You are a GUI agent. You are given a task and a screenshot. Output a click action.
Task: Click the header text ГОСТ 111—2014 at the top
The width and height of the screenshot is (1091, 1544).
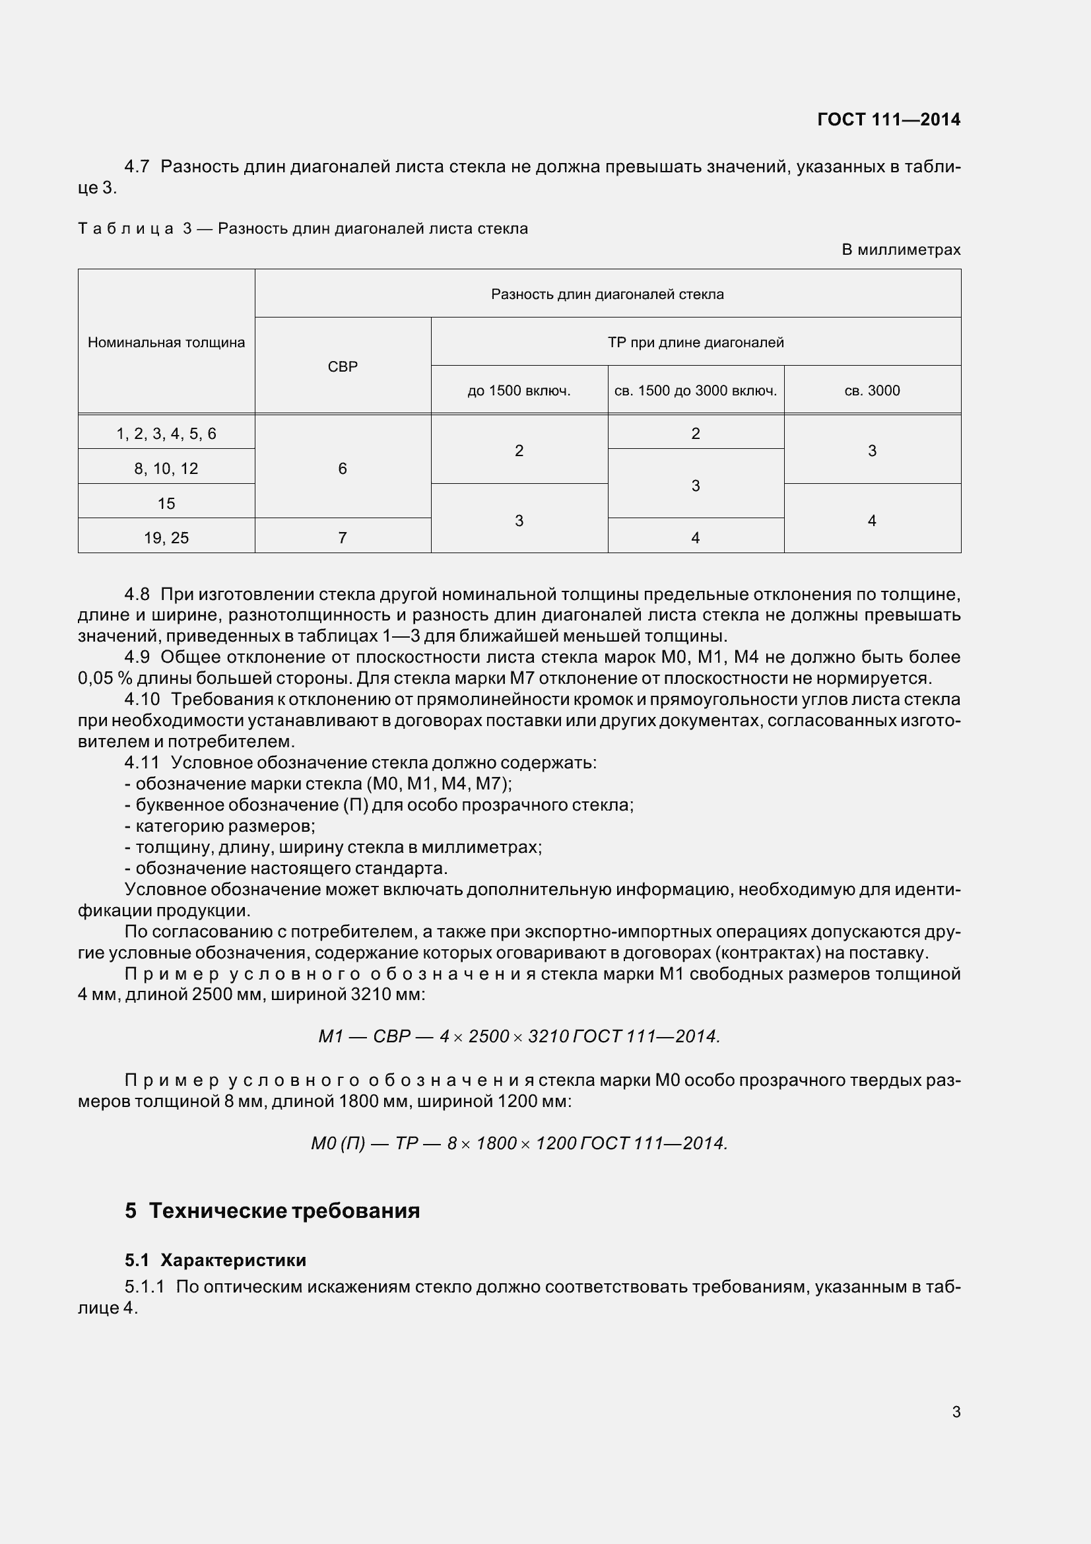click(888, 119)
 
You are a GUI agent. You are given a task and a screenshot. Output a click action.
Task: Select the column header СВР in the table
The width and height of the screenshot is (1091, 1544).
click(342, 366)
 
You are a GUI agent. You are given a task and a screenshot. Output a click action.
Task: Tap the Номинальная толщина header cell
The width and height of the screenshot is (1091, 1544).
click(166, 343)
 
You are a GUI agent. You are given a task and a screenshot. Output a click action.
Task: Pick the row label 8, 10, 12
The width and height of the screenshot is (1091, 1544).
click(166, 469)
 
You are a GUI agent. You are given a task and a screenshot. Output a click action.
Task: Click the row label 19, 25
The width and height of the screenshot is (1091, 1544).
click(166, 537)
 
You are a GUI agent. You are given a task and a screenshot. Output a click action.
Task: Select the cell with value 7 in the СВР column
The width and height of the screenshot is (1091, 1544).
click(342, 537)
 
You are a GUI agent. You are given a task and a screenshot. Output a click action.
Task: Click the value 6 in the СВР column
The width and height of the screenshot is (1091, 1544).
click(342, 469)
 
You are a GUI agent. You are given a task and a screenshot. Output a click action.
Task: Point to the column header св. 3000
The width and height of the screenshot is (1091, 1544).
click(872, 391)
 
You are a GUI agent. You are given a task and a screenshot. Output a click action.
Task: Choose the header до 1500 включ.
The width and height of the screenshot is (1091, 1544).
click(518, 391)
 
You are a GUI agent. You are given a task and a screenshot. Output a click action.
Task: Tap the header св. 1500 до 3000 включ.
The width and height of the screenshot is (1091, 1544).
click(695, 391)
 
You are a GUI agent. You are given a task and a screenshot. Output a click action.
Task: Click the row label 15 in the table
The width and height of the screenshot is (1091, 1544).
click(166, 503)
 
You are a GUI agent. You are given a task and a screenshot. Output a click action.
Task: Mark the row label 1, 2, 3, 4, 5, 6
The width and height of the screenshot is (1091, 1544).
click(166, 434)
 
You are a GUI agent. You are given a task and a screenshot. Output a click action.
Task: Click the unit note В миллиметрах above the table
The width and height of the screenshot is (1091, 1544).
click(901, 250)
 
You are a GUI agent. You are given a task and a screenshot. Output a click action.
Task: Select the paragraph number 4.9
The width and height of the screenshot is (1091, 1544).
click(137, 657)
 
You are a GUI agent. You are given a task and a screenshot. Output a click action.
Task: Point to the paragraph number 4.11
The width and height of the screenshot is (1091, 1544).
click(141, 762)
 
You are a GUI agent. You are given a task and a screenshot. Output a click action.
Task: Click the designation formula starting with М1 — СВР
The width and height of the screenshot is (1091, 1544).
click(519, 1036)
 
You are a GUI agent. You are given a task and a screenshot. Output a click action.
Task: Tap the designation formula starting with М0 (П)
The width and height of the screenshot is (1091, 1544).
click(519, 1143)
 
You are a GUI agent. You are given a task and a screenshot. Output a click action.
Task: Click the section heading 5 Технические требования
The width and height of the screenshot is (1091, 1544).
click(272, 1211)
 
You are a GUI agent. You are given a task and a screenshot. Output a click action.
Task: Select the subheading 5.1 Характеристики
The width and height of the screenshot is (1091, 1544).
click(215, 1260)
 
